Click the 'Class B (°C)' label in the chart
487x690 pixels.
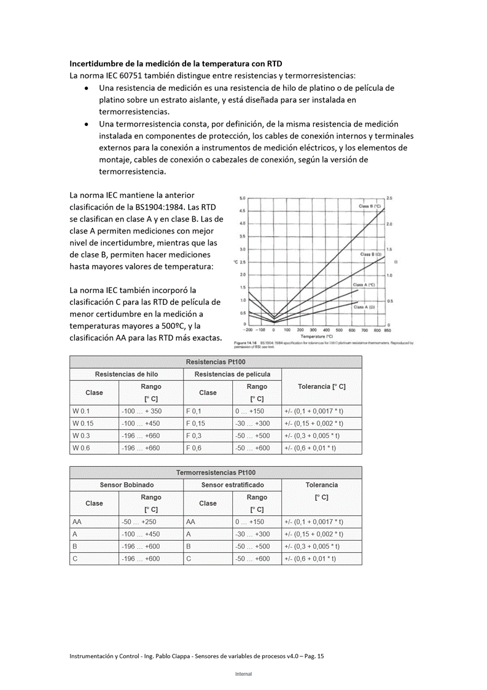point(370,206)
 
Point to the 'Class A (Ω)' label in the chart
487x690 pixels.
point(364,306)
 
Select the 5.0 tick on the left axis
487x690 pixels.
point(243,198)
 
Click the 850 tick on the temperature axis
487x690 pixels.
point(388,330)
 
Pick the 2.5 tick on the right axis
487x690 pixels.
point(389,198)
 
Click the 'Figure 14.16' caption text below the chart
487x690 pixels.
point(244,342)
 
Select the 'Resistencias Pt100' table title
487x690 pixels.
point(215,362)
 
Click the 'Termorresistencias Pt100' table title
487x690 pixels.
point(215,472)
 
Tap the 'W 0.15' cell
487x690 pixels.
point(83,423)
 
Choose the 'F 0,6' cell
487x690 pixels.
point(193,448)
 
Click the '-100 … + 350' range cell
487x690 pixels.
point(142,411)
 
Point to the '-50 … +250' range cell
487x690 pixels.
point(140,522)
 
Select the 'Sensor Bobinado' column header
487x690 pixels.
point(127,485)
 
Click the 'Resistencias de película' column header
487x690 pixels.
point(232,374)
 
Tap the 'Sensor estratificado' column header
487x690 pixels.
point(232,485)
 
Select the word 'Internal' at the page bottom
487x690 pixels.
point(243,674)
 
